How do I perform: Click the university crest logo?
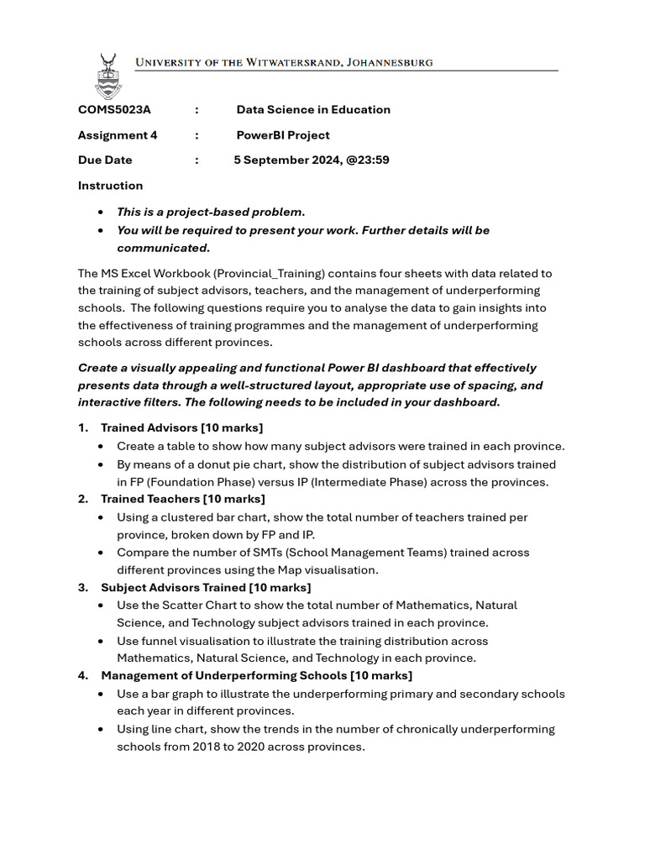pyautogui.click(x=107, y=76)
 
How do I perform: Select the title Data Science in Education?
pyautogui.click(x=313, y=110)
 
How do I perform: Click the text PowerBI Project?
pyautogui.click(x=283, y=135)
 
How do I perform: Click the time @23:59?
pyautogui.click(x=369, y=160)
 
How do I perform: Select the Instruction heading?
pyautogui.click(x=110, y=186)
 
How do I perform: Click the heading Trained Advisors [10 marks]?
pyautogui.click(x=181, y=428)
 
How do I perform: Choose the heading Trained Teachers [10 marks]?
pyautogui.click(x=182, y=499)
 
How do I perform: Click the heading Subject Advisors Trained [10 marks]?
pyautogui.click(x=206, y=587)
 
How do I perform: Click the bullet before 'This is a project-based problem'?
pyautogui.click(x=102, y=212)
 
